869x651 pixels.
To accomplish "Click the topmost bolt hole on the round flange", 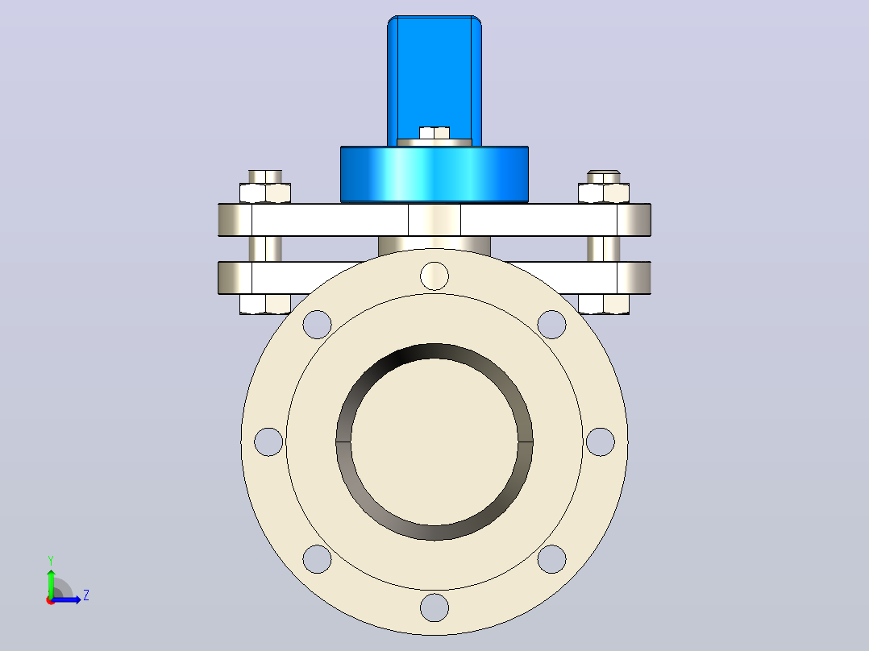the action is click(434, 276).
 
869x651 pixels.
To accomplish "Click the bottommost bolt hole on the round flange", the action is click(434, 607).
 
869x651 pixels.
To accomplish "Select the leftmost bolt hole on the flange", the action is click(268, 442).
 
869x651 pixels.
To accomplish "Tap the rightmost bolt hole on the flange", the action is click(601, 442).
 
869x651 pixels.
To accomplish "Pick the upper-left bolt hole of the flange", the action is click(317, 324).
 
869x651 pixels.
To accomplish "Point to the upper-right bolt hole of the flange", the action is click(552, 324).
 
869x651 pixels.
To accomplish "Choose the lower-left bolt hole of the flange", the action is click(317, 559).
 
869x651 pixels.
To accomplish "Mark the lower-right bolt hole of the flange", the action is click(552, 559).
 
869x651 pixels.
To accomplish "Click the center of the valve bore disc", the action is click(434, 442).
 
